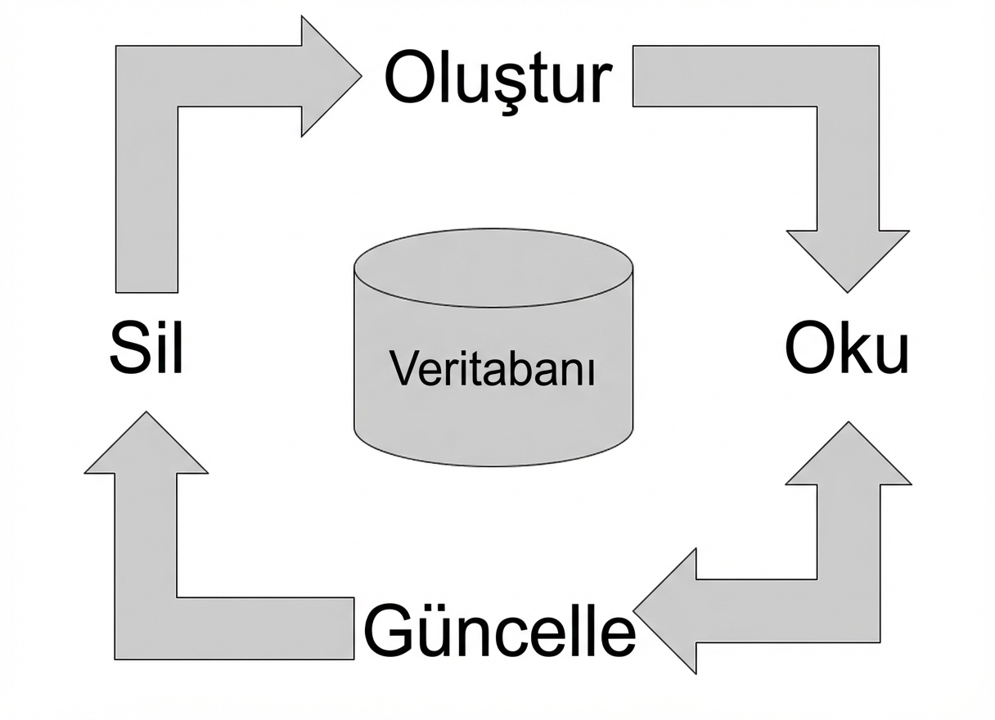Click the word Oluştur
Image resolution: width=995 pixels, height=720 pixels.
pyautogui.click(x=498, y=79)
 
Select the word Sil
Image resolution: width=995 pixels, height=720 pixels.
pyautogui.click(x=146, y=347)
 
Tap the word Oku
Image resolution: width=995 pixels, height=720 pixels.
pyautogui.click(x=846, y=347)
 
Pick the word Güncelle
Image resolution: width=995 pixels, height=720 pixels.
pyautogui.click(x=498, y=631)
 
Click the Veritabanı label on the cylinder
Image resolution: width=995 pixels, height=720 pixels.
pyautogui.click(x=493, y=369)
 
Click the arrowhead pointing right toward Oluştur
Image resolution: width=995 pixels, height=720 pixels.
pyautogui.click(x=327, y=76)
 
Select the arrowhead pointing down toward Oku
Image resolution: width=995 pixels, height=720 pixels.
pyautogui.click(x=848, y=257)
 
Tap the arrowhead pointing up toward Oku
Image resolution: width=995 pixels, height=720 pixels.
pyautogui.click(x=848, y=458)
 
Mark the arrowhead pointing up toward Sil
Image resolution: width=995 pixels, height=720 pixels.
pyautogui.click(x=146, y=447)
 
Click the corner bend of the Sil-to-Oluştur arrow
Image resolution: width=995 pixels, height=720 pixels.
pyautogui.click(x=147, y=76)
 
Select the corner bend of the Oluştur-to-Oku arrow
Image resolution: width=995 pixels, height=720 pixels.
pyautogui.click(x=848, y=76)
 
